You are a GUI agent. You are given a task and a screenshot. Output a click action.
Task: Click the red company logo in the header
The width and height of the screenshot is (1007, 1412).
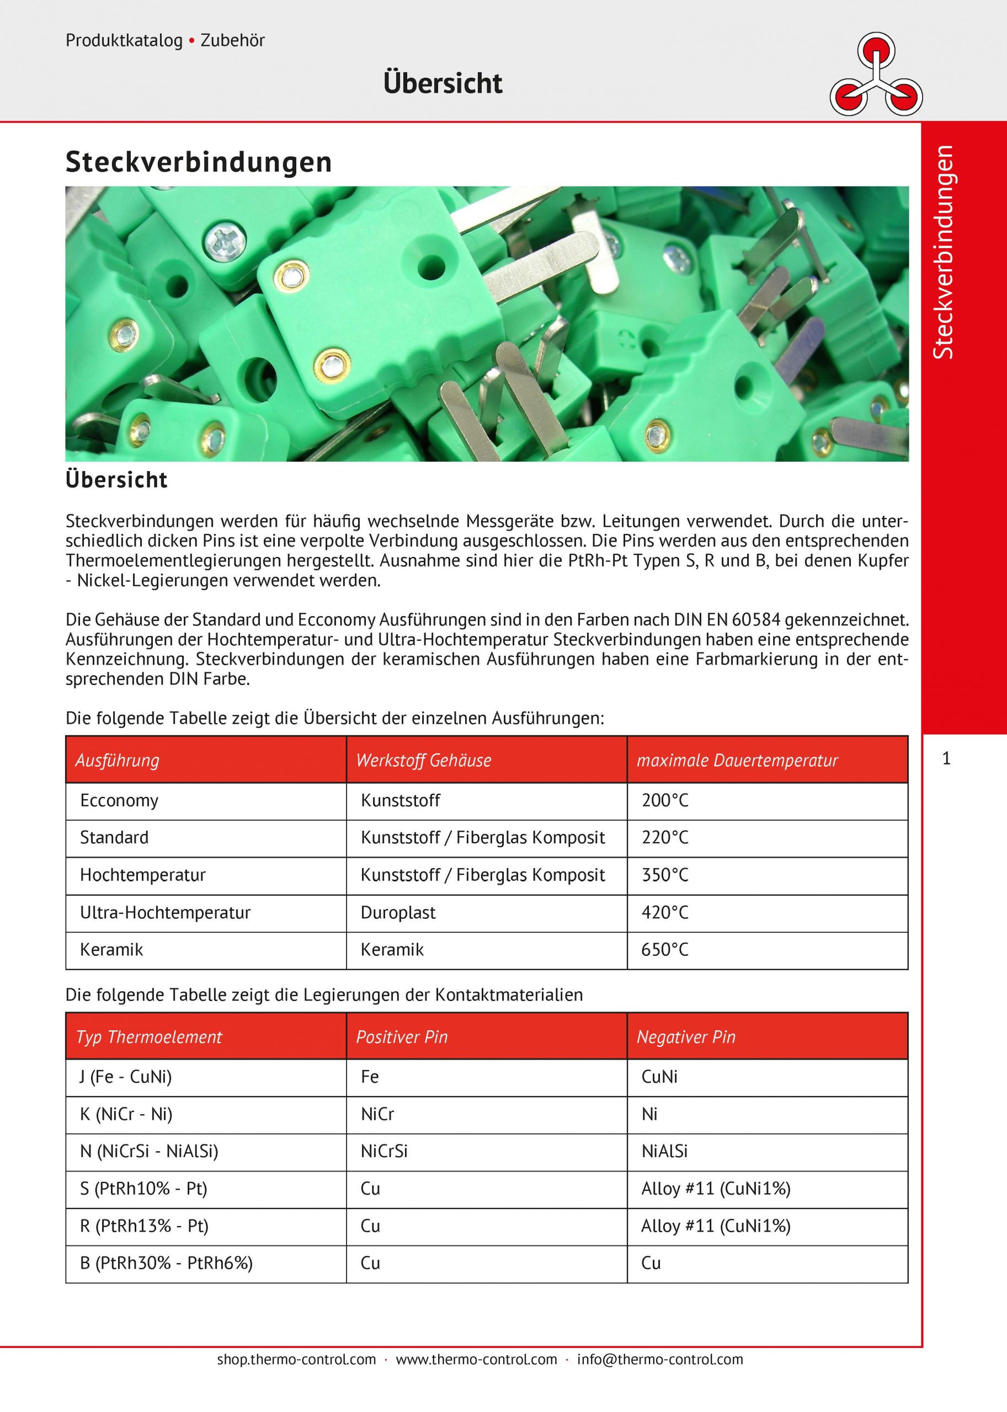tap(876, 75)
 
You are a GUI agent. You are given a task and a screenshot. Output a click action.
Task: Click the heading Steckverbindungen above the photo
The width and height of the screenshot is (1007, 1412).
tap(199, 162)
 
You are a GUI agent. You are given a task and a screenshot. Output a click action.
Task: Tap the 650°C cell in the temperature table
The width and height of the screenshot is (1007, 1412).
tap(665, 950)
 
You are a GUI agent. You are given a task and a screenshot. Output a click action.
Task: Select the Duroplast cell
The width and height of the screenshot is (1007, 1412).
tap(398, 912)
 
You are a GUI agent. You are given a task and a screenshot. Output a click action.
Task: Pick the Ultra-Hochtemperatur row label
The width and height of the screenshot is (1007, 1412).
tap(165, 912)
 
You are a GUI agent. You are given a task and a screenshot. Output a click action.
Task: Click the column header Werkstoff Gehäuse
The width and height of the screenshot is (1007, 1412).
tap(424, 761)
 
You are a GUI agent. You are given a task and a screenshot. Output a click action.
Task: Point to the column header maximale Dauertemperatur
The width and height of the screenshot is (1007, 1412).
tap(737, 761)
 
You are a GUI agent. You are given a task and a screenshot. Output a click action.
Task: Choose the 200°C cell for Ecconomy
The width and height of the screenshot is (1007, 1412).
tap(665, 800)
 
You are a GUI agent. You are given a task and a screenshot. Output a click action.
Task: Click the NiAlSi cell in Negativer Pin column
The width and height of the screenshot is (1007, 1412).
tap(664, 1151)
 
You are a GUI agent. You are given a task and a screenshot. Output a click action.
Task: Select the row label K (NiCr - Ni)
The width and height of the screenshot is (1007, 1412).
tap(126, 1114)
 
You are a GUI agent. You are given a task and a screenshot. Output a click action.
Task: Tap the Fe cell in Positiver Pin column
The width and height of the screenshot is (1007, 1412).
tap(370, 1077)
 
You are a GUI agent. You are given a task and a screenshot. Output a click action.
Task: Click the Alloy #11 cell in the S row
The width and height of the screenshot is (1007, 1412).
tap(716, 1188)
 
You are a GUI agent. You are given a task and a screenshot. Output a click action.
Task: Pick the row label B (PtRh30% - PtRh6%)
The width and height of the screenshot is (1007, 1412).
tap(166, 1263)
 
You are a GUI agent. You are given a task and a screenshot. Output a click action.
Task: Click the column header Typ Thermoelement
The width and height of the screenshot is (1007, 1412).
tap(149, 1037)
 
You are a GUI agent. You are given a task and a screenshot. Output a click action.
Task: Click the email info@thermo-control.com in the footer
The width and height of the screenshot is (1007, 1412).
tap(660, 1359)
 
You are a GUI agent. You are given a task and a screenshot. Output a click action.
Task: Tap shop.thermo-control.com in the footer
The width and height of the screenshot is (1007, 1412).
tap(296, 1359)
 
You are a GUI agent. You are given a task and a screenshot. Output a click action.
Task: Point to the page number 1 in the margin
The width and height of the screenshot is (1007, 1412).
tap(946, 758)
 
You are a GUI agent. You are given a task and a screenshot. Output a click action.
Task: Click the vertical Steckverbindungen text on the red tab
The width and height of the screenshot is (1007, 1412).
tap(943, 252)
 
